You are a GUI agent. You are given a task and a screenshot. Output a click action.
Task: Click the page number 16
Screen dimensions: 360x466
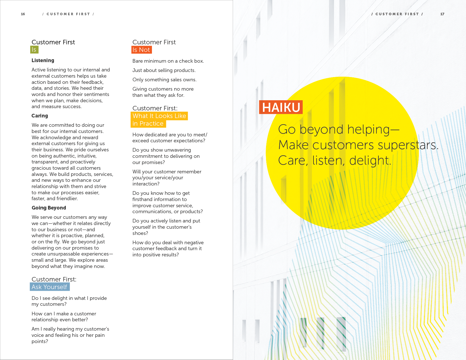[x=23, y=14]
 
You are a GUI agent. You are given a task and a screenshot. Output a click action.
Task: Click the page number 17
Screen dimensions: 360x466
[x=442, y=14]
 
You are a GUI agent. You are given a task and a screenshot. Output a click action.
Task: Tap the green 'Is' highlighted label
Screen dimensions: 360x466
[x=34, y=50]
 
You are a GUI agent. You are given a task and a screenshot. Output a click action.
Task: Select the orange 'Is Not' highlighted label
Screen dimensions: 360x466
[x=141, y=50]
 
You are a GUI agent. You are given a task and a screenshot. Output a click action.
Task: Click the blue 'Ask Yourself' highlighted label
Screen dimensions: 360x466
[x=50, y=287]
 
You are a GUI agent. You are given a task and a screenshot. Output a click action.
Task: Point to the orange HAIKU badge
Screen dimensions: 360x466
[x=281, y=107]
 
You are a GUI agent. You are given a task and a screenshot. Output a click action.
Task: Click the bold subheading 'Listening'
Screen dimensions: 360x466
[x=43, y=60]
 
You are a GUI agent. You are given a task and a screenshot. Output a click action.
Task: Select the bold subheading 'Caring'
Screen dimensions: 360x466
[x=40, y=116]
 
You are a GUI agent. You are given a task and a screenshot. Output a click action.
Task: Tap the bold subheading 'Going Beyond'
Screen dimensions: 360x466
[x=49, y=208]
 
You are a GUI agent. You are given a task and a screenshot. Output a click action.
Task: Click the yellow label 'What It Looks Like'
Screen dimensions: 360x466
[x=159, y=116]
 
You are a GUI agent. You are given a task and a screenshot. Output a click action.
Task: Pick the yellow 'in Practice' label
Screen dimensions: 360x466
[x=148, y=124]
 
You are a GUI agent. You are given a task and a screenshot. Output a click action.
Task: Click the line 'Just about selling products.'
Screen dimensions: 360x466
[x=164, y=70]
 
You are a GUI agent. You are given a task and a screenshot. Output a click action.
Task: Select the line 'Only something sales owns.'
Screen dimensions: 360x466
[x=164, y=80]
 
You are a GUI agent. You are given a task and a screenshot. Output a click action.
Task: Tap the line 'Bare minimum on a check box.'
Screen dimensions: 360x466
[x=168, y=61]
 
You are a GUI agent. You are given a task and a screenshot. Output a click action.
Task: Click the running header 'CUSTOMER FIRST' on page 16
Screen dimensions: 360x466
[x=68, y=14]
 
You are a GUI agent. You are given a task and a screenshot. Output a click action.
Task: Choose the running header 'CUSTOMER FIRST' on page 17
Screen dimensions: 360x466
[x=397, y=14]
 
